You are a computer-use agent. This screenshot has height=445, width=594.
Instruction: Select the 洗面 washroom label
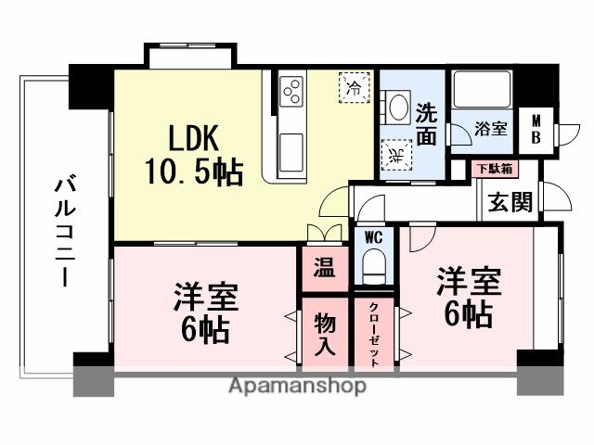click(426, 122)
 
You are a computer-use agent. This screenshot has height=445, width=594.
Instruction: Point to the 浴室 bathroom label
click(491, 130)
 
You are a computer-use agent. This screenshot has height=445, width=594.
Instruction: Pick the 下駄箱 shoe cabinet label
click(493, 169)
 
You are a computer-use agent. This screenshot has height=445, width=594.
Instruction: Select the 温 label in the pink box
click(323, 270)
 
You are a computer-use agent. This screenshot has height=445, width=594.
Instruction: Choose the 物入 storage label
click(324, 333)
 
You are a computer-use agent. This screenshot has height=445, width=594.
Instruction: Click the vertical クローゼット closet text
click(374, 334)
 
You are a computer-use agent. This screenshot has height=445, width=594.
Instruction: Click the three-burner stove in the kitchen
click(292, 92)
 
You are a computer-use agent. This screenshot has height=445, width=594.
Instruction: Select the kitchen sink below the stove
click(291, 146)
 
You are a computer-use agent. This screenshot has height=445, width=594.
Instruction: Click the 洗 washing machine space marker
click(394, 155)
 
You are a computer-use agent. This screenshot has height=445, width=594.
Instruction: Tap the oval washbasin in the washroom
click(398, 108)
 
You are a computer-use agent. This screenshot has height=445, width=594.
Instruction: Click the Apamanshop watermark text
click(297, 386)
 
